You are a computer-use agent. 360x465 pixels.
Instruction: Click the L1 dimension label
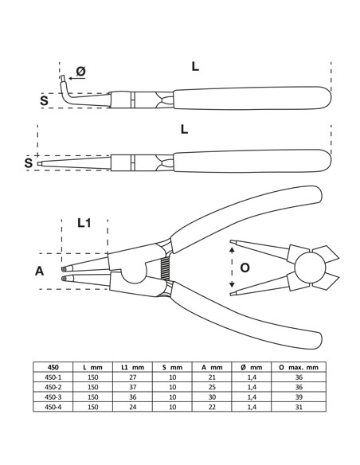pos(84,224)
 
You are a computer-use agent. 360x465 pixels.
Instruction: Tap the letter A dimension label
pos(39,271)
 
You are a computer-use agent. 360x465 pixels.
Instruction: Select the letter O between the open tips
pos(245,268)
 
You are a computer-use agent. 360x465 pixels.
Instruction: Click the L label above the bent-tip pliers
pos(195,67)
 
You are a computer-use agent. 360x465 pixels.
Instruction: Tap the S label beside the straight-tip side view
pos(29,162)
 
